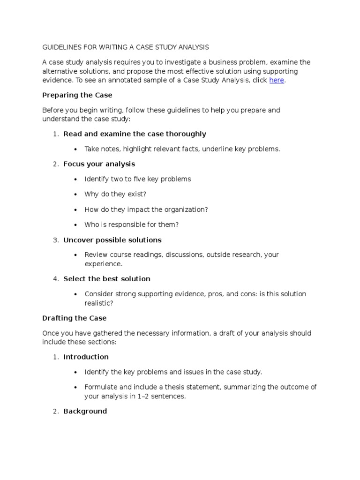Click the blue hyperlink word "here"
(277, 80)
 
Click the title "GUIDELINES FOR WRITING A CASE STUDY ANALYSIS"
(126, 47)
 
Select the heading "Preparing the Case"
(77, 95)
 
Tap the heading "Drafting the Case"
(75, 318)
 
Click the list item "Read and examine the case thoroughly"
(135, 134)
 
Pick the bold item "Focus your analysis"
(99, 164)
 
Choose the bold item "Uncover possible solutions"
(112, 240)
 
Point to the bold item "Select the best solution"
(107, 279)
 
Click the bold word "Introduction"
(86, 357)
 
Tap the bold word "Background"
(85, 412)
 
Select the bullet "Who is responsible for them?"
(132, 225)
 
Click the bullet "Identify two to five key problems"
(138, 179)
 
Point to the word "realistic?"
(99, 303)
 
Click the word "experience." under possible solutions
(103, 264)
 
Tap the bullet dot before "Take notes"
(76, 149)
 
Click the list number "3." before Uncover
(55, 240)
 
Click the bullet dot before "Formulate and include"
(76, 387)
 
